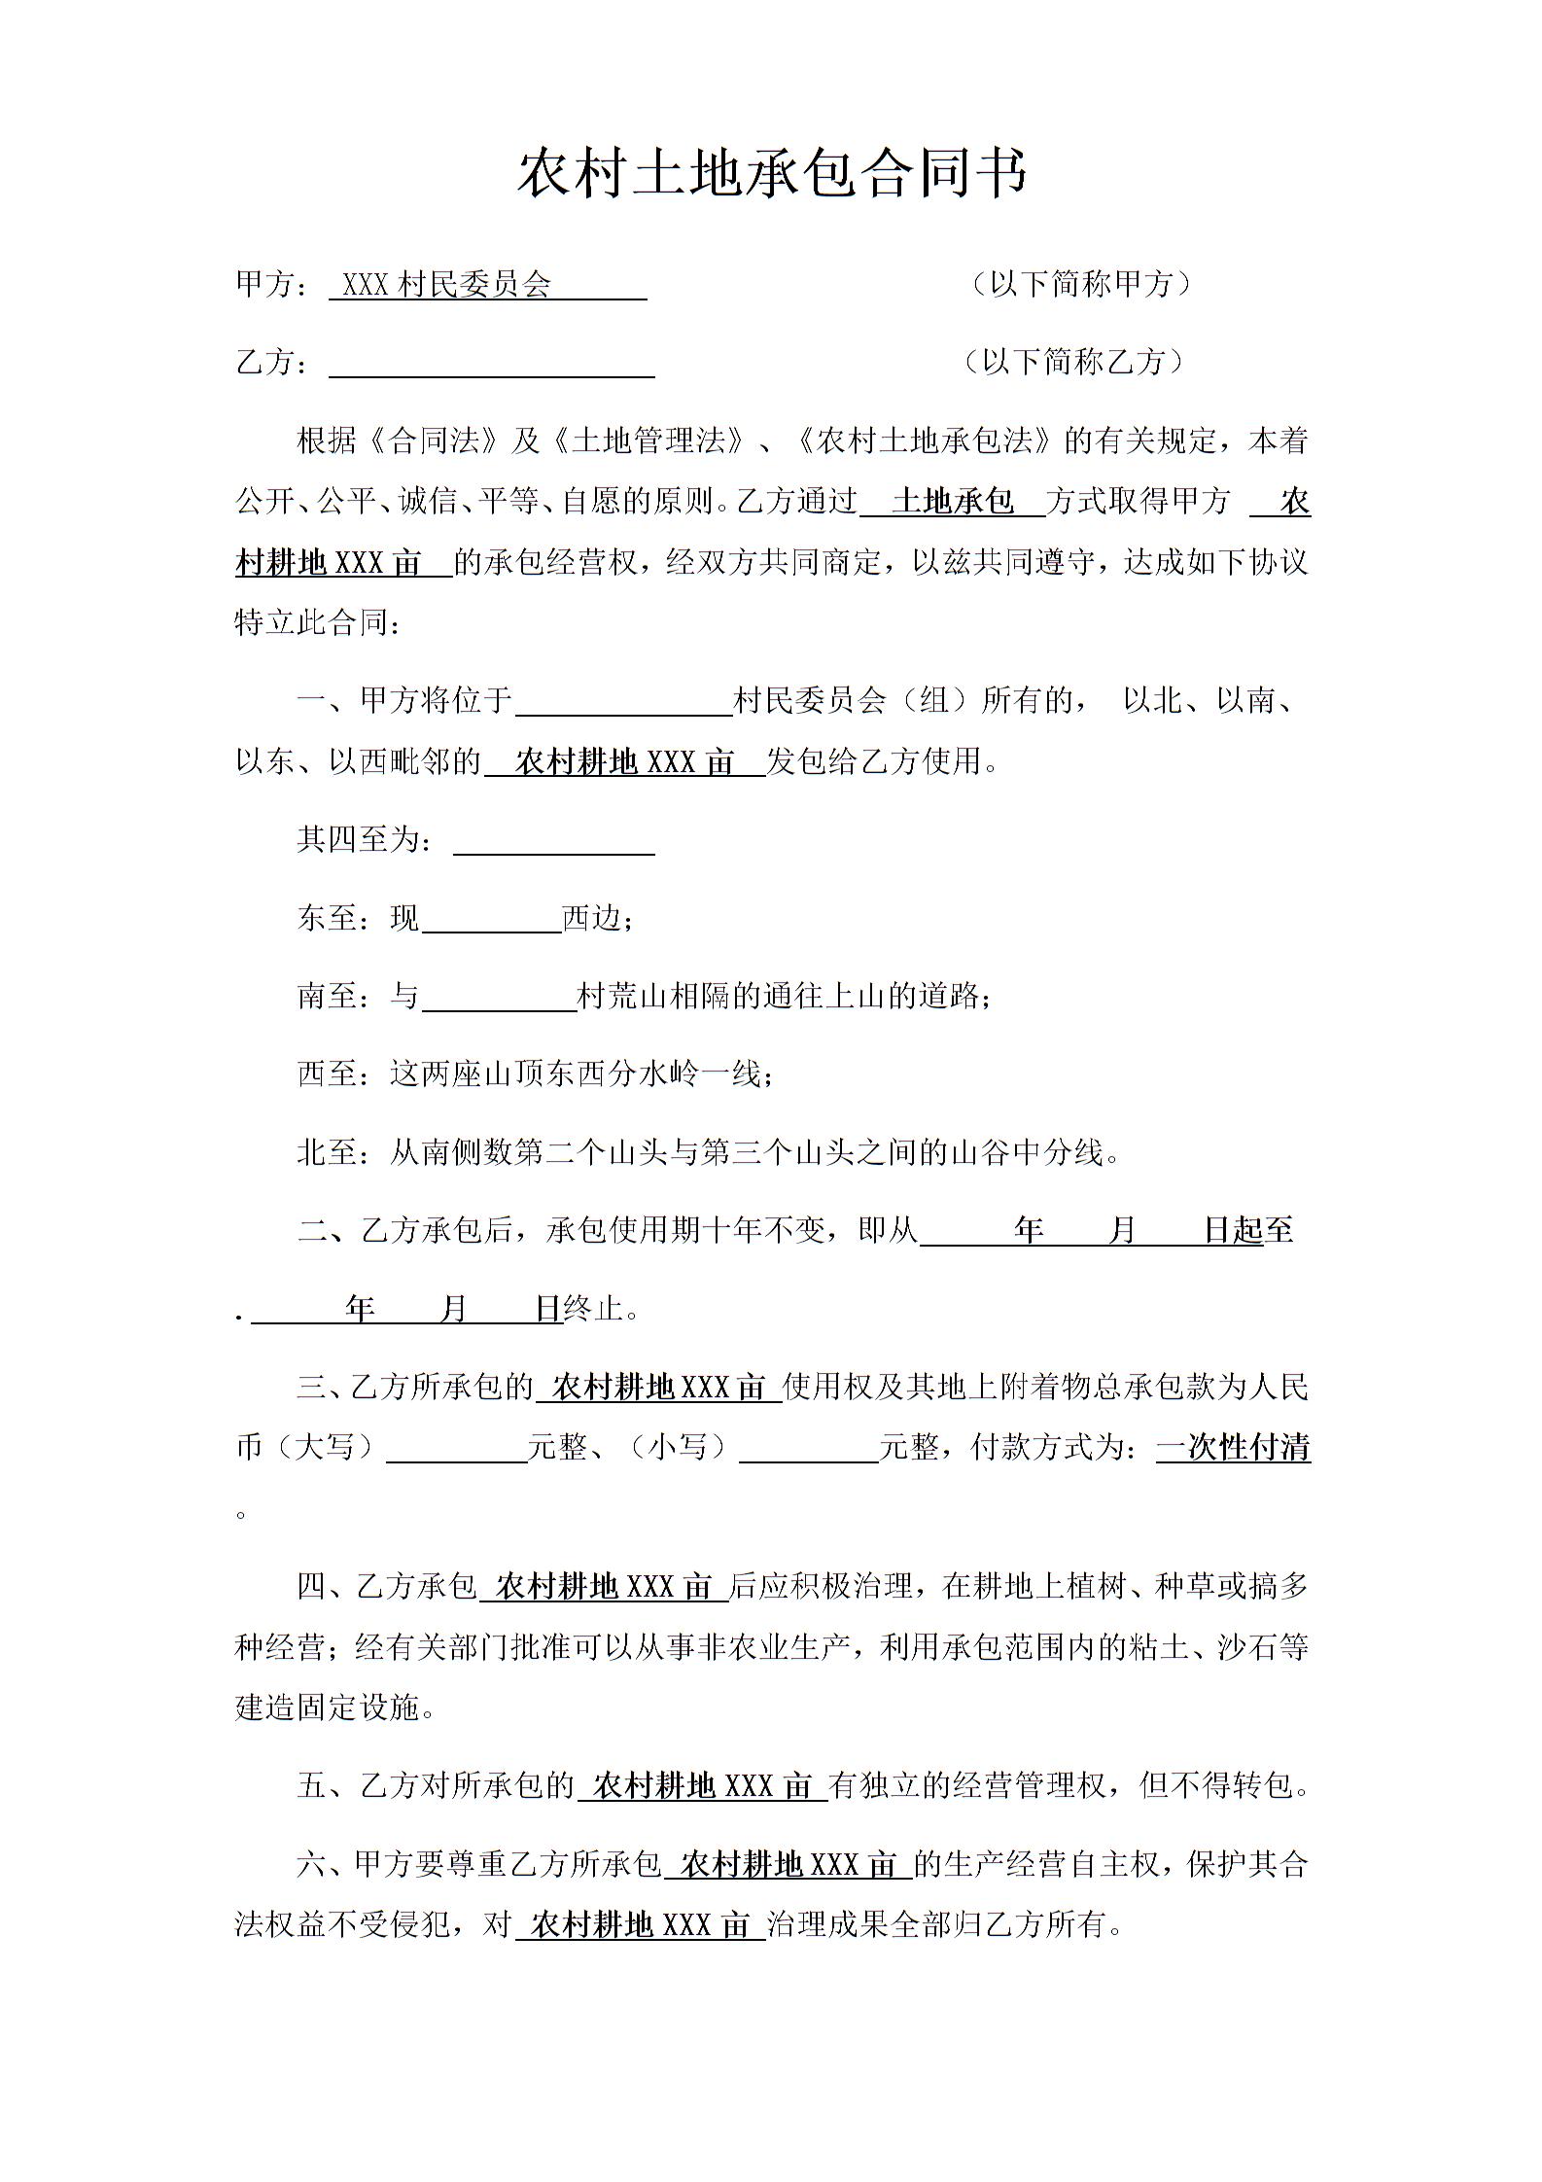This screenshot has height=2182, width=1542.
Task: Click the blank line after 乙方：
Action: click(491, 365)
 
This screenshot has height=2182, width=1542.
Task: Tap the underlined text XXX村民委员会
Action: click(447, 285)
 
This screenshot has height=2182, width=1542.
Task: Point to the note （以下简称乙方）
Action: click(1072, 362)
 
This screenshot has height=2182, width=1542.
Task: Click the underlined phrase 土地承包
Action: click(952, 502)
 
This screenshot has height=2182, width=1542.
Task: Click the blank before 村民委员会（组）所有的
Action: click(623, 702)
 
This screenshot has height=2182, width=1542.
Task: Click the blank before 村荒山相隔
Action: click(499, 998)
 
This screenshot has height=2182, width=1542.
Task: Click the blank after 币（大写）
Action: click(457, 1449)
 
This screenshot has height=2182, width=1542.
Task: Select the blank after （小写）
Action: click(809, 1449)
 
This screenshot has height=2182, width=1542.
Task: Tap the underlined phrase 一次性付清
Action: click(1233, 1448)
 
